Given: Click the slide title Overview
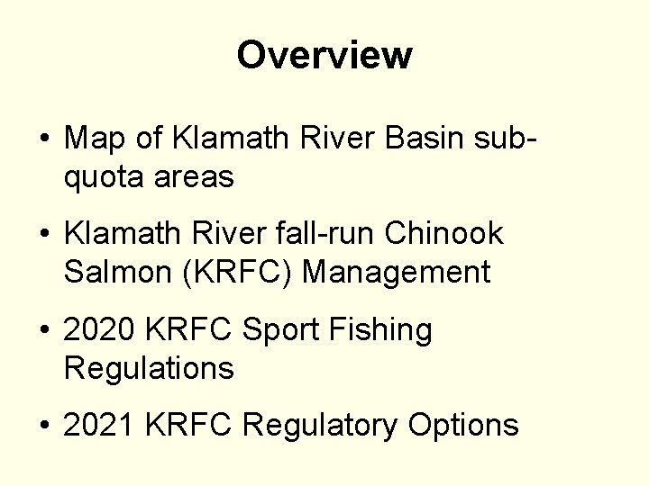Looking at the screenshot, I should [324, 56].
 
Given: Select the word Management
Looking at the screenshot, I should [398, 271].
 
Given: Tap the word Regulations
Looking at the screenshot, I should [149, 366].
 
